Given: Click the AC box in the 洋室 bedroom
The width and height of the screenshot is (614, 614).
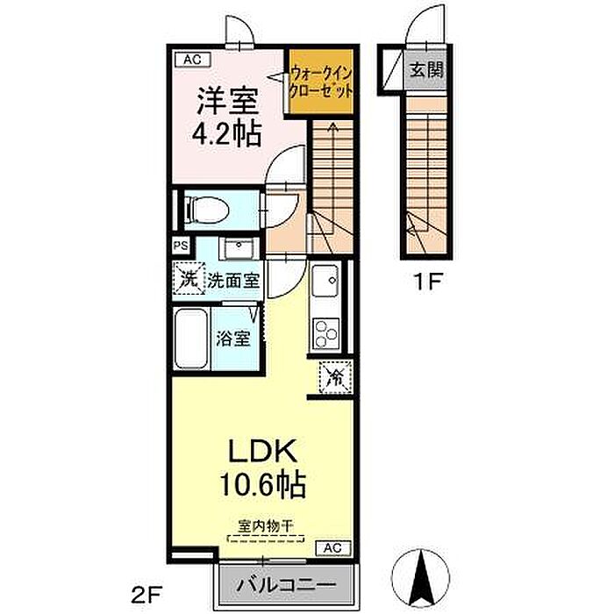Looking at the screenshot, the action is pos(192,60).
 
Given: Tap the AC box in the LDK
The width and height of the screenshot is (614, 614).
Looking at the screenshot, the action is pos(332,548).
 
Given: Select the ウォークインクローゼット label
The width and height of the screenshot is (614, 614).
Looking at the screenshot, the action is pos(321,82).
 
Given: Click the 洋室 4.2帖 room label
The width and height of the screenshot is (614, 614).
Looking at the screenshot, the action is pos(226,117).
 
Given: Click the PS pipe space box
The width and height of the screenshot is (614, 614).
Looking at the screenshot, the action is pos(181,246).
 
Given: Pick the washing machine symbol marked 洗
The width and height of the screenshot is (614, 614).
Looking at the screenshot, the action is pos(189,278).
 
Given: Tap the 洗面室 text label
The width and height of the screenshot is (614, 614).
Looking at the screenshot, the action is pos(233,280).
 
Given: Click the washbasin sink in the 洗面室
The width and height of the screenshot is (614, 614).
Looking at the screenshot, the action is pos(239,248).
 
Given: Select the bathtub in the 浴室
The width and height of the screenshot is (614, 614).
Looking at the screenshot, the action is pos(190,339).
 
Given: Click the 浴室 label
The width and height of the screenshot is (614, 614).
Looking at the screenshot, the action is pos(233,339).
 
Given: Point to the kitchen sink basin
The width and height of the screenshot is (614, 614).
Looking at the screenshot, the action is pos(325,281).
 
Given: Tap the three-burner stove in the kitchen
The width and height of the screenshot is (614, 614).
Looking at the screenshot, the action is pos(325,333).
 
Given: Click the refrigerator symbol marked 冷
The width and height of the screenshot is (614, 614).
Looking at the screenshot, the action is pos(336,376).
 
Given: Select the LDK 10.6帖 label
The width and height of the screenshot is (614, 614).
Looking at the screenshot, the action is pos(262,468).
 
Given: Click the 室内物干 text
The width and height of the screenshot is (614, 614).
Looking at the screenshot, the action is pos(266,526).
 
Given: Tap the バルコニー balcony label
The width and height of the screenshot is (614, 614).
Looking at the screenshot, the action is pos(287,585).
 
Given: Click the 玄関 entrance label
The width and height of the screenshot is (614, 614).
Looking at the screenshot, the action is pos(426,70).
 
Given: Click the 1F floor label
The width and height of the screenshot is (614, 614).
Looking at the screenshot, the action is pos(428,282).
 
